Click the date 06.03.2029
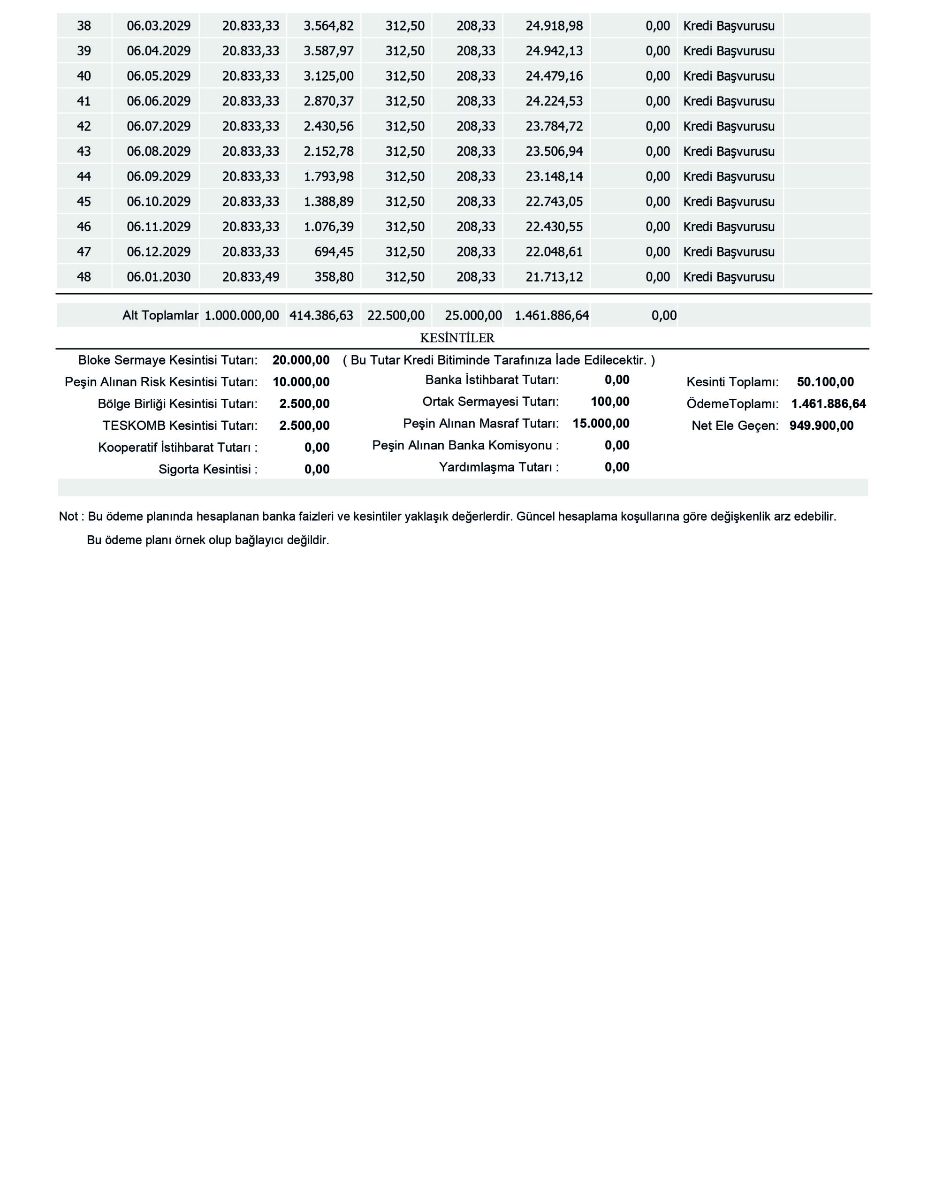coord(159,26)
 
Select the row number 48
coord(84,277)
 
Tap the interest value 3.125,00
coord(328,76)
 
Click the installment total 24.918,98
coord(554,26)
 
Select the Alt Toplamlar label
coord(160,316)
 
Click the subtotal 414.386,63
coord(321,316)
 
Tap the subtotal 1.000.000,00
coord(242,316)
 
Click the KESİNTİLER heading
coord(457,338)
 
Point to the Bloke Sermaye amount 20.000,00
coord(301,360)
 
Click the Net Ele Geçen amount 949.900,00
coord(822,426)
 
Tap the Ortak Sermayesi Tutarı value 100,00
coord(610,402)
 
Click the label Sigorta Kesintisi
coord(207,470)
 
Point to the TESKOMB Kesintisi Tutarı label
coord(179,426)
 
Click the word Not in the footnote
coord(68,517)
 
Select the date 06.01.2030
coord(159,277)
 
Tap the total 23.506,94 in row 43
coord(554,151)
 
